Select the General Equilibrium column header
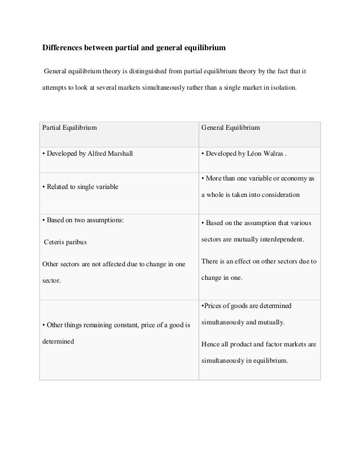pyautogui.click(x=230, y=128)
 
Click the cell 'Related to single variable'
pyautogui.click(x=81, y=187)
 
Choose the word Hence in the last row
pyautogui.click(x=209, y=344)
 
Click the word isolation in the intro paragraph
pyautogui.click(x=280, y=89)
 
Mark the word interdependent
pyautogui.click(x=278, y=239)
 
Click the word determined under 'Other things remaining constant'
pyautogui.click(x=59, y=341)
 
